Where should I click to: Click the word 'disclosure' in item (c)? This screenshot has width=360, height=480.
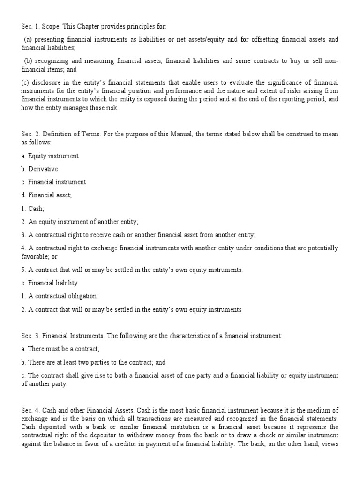tap(46, 83)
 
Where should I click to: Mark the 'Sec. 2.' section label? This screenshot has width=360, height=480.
tap(30, 135)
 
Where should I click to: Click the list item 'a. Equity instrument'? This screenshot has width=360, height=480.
tap(50, 156)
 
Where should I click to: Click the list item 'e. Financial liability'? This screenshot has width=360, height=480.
tap(50, 283)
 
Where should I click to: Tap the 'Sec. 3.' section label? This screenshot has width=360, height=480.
tap(30, 335)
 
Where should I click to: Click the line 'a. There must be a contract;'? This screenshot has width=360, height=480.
tap(60, 349)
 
